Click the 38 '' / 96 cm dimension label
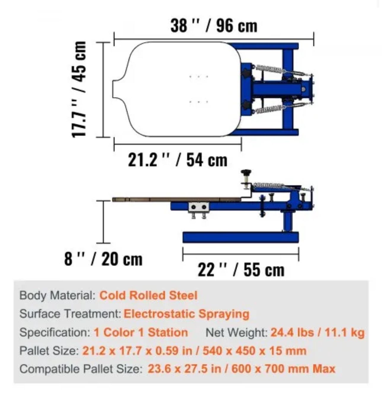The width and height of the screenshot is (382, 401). click(214, 26)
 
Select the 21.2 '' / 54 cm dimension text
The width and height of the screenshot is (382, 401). click(177, 160)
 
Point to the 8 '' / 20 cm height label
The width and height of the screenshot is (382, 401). click(103, 259)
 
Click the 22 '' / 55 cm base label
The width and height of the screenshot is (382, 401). click(241, 270)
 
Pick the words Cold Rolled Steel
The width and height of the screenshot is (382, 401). click(148, 295)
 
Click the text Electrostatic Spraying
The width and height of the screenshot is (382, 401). click(186, 314)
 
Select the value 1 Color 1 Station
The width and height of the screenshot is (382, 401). click(141, 332)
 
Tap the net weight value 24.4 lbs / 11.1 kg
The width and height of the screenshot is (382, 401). click(317, 332)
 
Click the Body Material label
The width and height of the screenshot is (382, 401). click(58, 295)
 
